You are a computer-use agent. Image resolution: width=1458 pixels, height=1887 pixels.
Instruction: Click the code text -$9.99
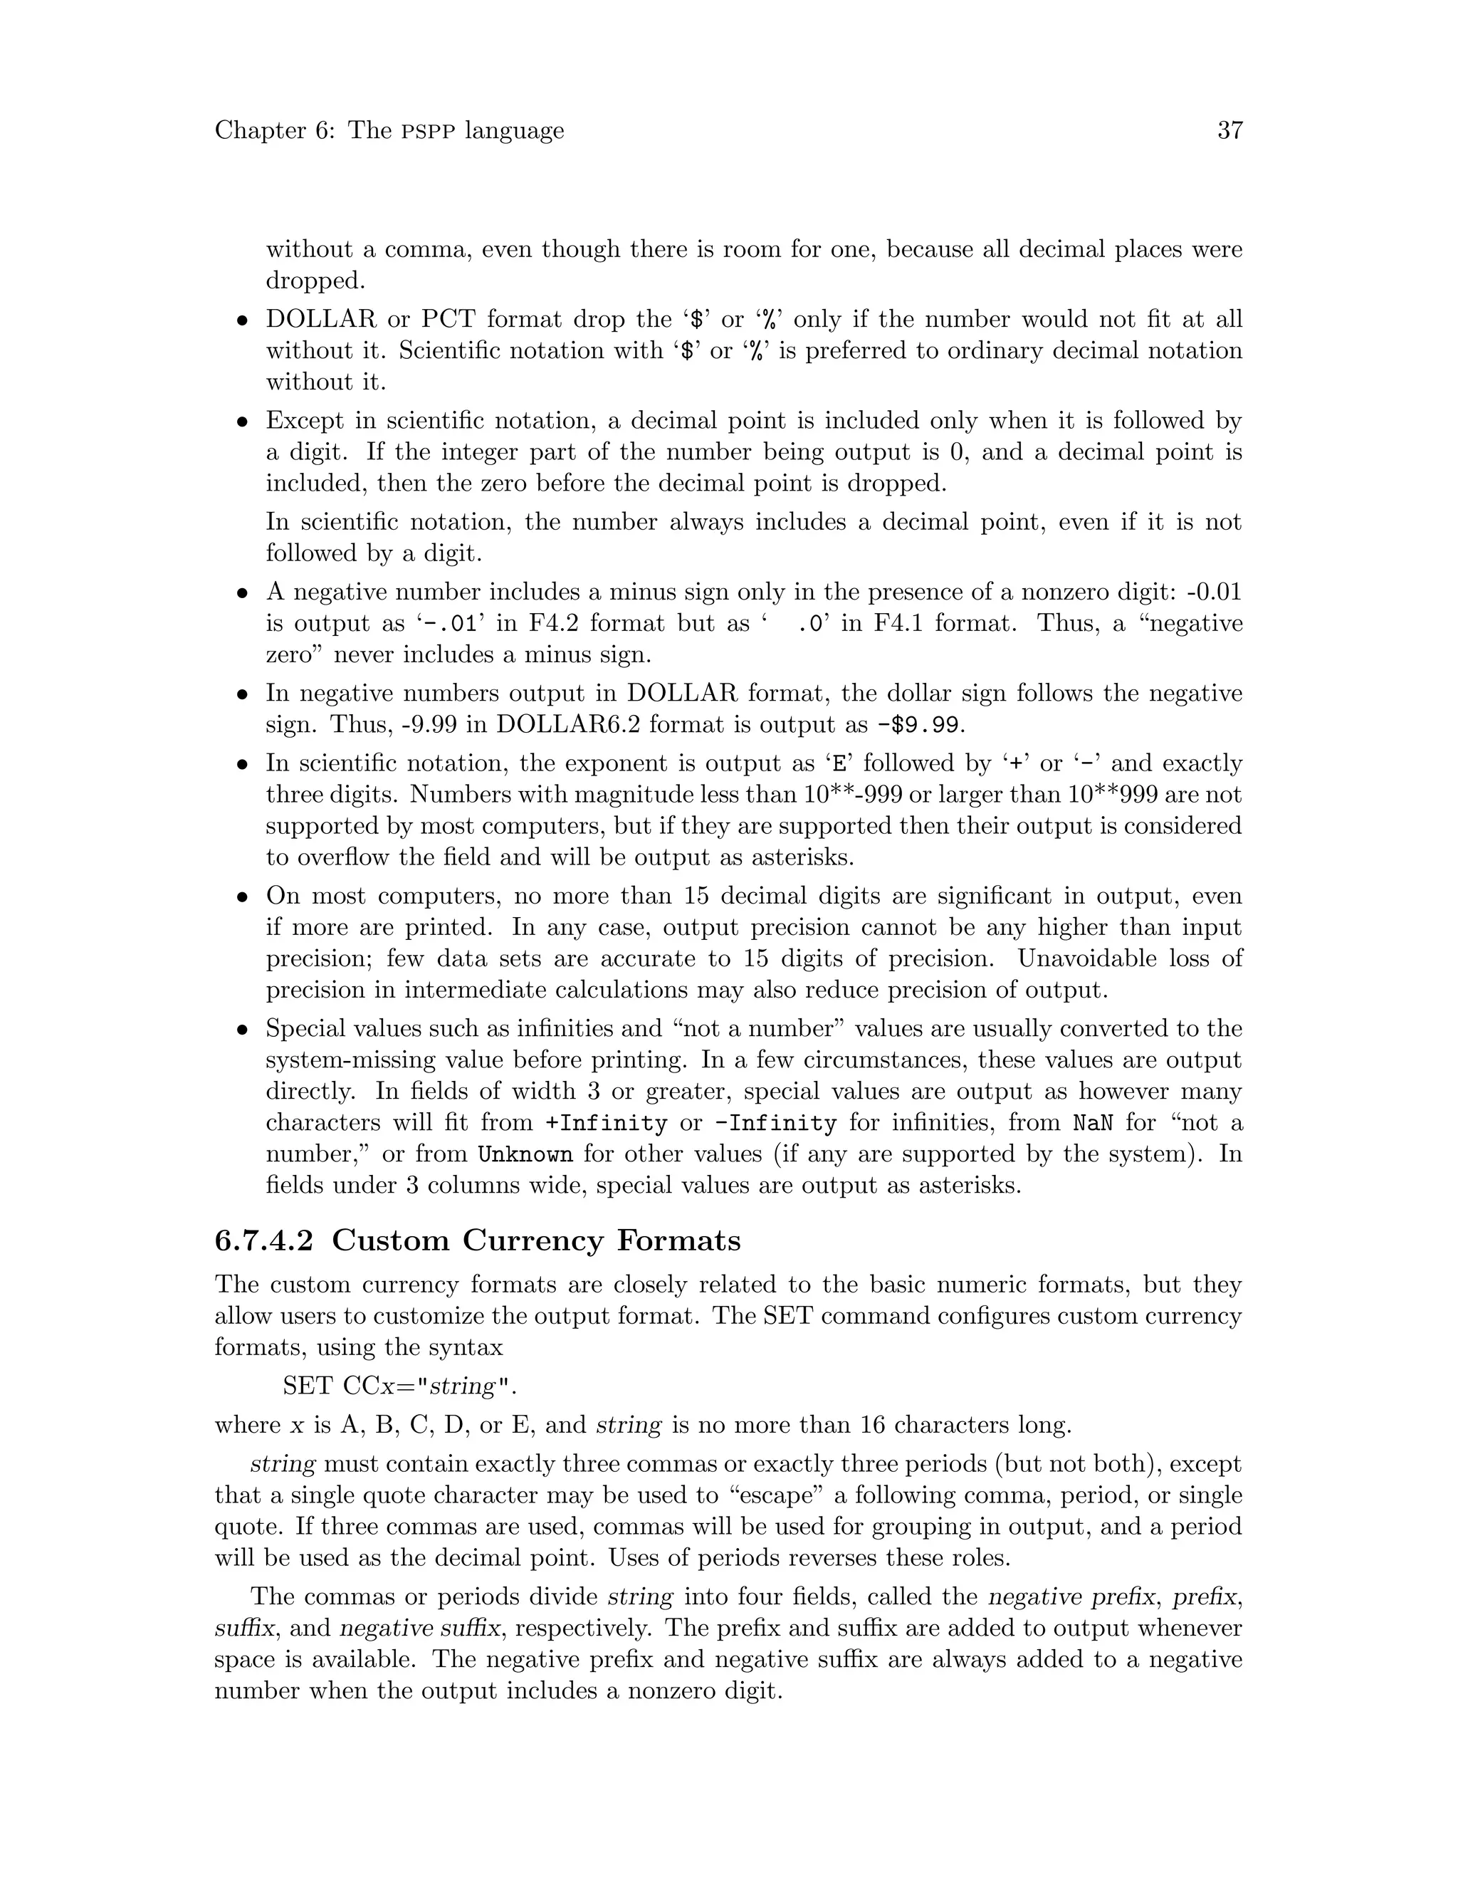[x=917, y=725]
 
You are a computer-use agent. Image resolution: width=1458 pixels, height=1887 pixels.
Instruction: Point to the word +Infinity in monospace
[x=607, y=1123]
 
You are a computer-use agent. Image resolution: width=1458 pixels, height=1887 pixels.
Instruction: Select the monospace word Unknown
[x=525, y=1154]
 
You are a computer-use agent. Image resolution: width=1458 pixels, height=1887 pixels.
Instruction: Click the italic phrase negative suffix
[x=420, y=1629]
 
